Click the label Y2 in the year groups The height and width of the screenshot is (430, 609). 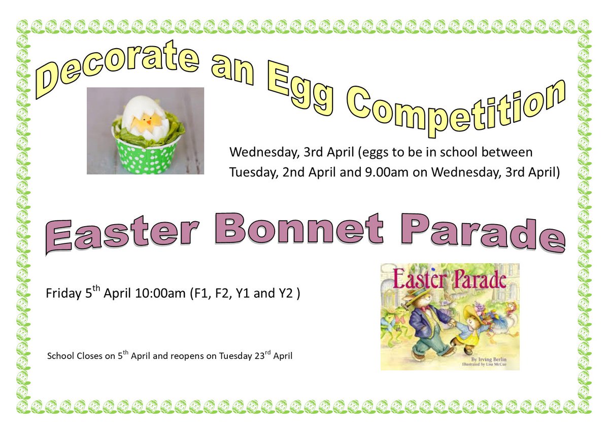(286, 294)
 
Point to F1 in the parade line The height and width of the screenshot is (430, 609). (199, 294)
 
